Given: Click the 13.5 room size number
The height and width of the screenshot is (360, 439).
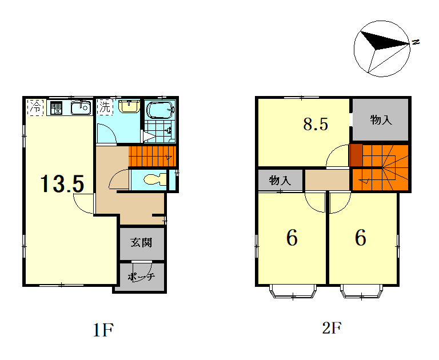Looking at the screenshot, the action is pyautogui.click(x=62, y=183).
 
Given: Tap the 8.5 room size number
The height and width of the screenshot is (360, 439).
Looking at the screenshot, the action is pyautogui.click(x=316, y=125).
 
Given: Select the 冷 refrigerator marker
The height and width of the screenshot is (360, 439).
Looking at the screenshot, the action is pyautogui.click(x=35, y=107).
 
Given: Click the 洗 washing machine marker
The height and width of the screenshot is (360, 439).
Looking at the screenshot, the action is pyautogui.click(x=105, y=107).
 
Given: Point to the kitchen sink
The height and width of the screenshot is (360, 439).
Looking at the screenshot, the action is pyautogui.click(x=81, y=107).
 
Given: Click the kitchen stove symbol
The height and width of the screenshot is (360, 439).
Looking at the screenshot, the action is pyautogui.click(x=55, y=108).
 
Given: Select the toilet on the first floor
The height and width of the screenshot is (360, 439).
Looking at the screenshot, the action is pyautogui.click(x=154, y=179).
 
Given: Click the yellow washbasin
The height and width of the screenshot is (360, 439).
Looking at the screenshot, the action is pyautogui.click(x=129, y=106).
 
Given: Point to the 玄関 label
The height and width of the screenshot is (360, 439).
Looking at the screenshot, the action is pyautogui.click(x=142, y=242).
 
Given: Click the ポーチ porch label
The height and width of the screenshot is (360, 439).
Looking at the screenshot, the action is pyautogui.click(x=141, y=277).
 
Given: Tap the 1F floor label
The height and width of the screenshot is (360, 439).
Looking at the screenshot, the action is pyautogui.click(x=103, y=330).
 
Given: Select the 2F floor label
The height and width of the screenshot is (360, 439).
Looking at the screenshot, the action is pyautogui.click(x=332, y=328).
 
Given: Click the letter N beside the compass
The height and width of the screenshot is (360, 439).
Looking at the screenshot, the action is pyautogui.click(x=416, y=42).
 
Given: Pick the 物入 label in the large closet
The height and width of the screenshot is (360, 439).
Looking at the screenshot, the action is pyautogui.click(x=381, y=120).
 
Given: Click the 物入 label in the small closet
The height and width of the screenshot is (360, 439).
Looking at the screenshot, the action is pyautogui.click(x=280, y=180).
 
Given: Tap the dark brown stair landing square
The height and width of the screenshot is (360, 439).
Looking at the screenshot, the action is pyautogui.click(x=357, y=155).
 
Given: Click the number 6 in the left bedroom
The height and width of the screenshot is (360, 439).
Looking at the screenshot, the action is pyautogui.click(x=292, y=237).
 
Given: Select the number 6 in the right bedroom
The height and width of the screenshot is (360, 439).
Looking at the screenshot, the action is pyautogui.click(x=361, y=237).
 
